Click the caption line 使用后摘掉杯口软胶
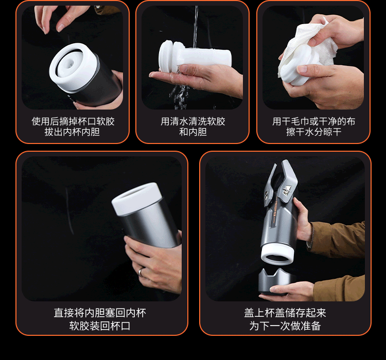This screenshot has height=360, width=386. click(73, 122)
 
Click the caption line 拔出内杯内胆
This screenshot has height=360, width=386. click(73, 132)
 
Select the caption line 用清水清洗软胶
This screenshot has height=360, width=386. click(193, 122)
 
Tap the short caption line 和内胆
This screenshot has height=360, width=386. click(193, 132)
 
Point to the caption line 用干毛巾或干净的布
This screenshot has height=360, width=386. click(313, 122)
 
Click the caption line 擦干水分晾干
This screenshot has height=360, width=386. click(313, 132)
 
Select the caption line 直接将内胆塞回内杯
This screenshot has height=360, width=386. click(100, 313)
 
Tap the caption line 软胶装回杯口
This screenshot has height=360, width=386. click(100, 326)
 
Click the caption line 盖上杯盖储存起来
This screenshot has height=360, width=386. click(285, 313)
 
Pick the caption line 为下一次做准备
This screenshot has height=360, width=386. click(285, 326)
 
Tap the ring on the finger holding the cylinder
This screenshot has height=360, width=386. click(139, 272)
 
